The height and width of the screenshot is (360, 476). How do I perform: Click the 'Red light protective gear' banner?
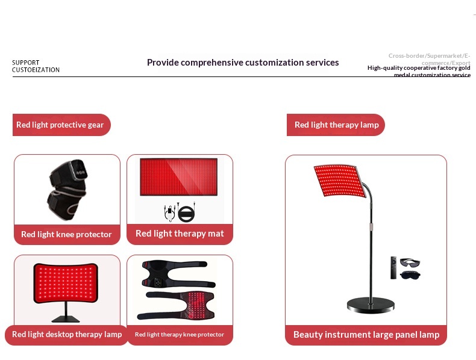[x=61, y=125]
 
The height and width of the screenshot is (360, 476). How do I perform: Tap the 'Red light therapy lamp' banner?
[x=336, y=125]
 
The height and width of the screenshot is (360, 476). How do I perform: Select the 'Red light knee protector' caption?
[x=66, y=234]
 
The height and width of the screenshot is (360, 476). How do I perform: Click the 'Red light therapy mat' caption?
[x=180, y=234]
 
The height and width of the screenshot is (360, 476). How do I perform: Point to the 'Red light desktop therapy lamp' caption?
[x=67, y=334]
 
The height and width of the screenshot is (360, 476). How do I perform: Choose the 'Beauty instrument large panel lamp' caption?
[x=366, y=335]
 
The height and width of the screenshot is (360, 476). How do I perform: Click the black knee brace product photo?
[x=67, y=189]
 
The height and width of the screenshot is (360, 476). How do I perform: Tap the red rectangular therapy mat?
[x=178, y=177]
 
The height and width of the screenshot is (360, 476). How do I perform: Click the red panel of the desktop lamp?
[x=66, y=283]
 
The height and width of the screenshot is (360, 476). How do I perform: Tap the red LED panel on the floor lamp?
[x=340, y=181]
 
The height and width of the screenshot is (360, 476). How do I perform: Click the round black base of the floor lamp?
[x=371, y=305]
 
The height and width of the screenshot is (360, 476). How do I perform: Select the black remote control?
[x=393, y=268]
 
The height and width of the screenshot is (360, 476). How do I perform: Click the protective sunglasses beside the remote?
[x=410, y=262]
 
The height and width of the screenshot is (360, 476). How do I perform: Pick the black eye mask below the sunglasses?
[x=410, y=275]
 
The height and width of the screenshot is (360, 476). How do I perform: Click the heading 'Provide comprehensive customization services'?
[x=243, y=63]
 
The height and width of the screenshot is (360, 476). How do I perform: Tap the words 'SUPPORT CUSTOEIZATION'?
[x=36, y=66]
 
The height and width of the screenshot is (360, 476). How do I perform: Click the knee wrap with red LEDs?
[x=176, y=306]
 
